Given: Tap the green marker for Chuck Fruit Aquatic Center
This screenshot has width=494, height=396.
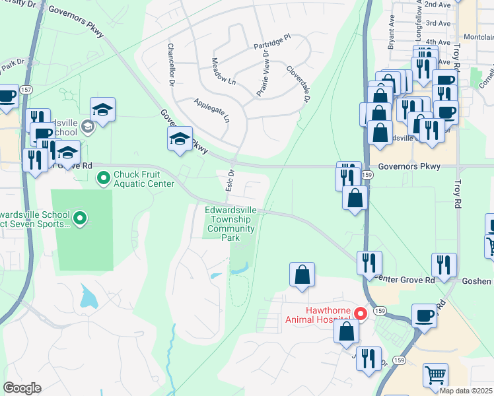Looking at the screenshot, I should [103, 178].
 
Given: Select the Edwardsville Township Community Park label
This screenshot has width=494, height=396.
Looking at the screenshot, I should [230, 224].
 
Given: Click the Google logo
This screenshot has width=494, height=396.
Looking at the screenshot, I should [22, 387].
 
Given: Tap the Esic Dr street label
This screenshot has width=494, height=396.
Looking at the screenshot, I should [231, 180].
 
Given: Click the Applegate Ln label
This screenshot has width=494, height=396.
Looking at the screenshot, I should [211, 110].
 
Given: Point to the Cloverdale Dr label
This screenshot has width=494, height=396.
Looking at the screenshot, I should [298, 84].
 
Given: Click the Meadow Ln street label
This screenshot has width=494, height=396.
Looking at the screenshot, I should [223, 71].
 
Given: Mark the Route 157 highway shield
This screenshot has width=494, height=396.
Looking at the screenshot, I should [25, 89].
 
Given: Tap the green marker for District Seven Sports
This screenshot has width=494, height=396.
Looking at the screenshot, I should [80, 217].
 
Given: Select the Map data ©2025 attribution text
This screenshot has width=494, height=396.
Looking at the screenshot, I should [466, 391].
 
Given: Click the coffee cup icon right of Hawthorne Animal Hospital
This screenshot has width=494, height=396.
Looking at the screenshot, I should [423, 315].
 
